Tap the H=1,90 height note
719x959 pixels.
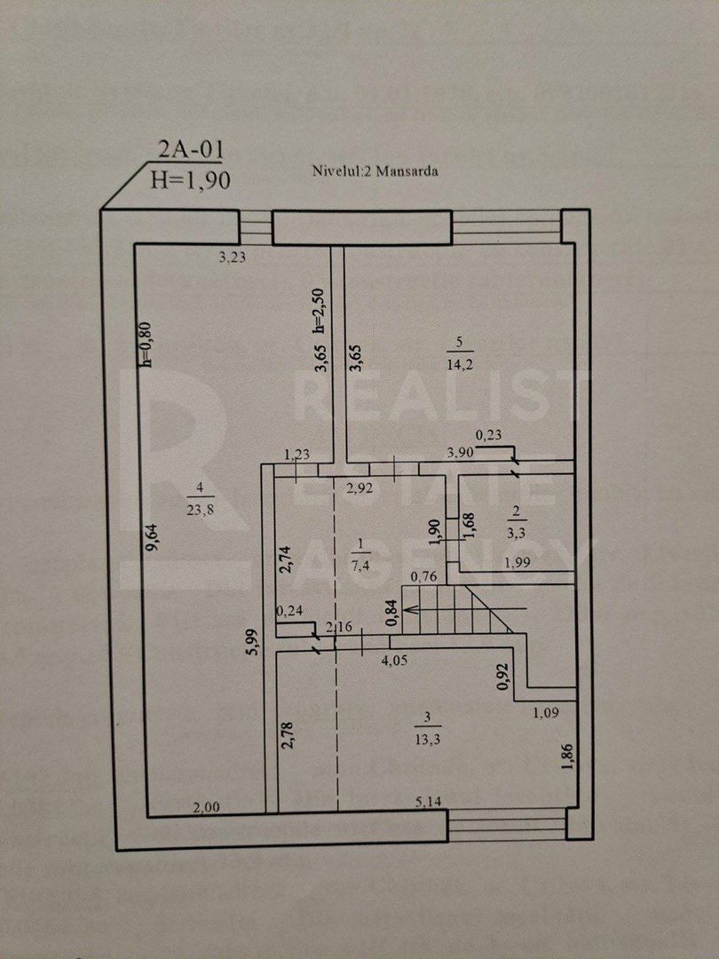[x=191, y=180]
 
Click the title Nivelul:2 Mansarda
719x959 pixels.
[x=375, y=171]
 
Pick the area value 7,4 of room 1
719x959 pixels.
[x=360, y=565]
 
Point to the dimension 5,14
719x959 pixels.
[x=431, y=801]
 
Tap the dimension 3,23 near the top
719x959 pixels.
[x=233, y=258]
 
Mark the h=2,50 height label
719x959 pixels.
[x=321, y=312]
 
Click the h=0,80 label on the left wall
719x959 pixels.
[x=146, y=345]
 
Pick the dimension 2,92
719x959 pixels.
[x=359, y=488]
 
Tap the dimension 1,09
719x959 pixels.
[x=546, y=712]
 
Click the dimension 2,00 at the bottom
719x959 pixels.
[x=206, y=806]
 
